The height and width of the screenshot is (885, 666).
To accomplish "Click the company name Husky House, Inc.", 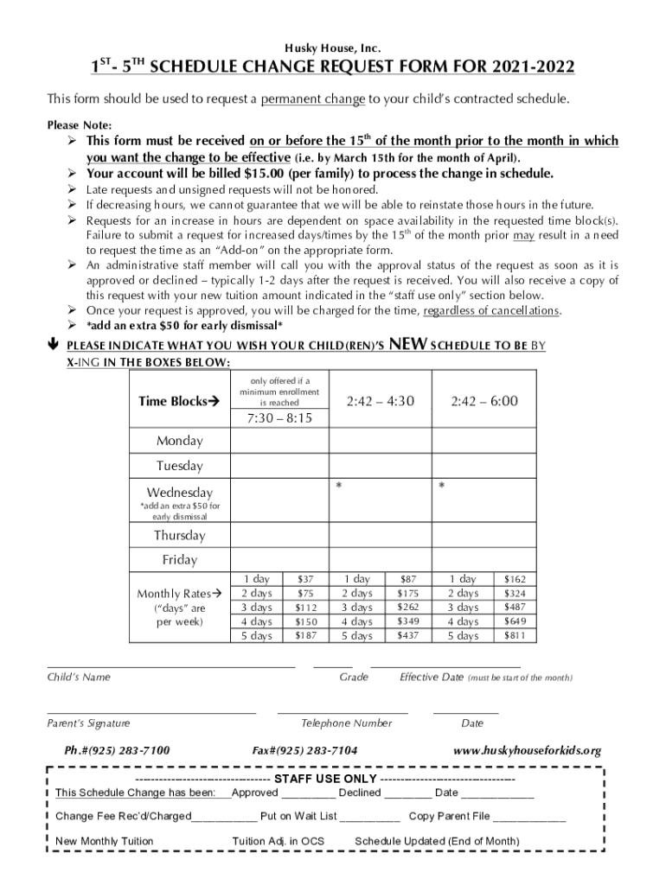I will pyautogui.click(x=333, y=47).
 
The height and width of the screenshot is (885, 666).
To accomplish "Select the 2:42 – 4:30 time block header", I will pyautogui.click(x=380, y=400).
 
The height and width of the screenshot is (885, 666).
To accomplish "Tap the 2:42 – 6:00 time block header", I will pyautogui.click(x=483, y=400).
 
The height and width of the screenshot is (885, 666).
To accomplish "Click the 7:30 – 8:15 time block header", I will pyautogui.click(x=279, y=418).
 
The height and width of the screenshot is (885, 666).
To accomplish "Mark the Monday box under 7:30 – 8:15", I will pyautogui.click(x=279, y=441).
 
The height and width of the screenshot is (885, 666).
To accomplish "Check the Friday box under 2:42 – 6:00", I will pyautogui.click(x=483, y=559).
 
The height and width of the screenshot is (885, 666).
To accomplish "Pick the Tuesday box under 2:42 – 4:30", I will pyautogui.click(x=380, y=466).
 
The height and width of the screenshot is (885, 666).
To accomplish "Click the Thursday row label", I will pyautogui.click(x=180, y=535).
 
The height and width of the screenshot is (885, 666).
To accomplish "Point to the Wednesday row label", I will pyautogui.click(x=180, y=493).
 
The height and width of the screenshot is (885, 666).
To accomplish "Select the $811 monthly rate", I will pyautogui.click(x=514, y=636).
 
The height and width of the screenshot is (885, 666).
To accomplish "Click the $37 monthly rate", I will pyautogui.click(x=305, y=579).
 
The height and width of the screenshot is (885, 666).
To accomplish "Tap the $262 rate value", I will pyautogui.click(x=407, y=608).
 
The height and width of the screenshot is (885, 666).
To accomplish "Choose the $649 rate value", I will pyautogui.click(x=514, y=621).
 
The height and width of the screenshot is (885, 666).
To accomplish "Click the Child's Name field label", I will pyautogui.click(x=79, y=678).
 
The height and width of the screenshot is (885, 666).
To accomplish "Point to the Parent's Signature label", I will pyautogui.click(x=88, y=723).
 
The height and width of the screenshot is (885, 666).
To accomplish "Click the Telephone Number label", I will pyautogui.click(x=346, y=723).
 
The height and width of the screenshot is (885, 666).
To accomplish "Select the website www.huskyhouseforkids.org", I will pyautogui.click(x=527, y=751).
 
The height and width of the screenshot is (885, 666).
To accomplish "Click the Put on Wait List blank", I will pyautogui.click(x=369, y=816).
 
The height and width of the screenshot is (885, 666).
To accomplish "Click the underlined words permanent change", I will pyautogui.click(x=313, y=99).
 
